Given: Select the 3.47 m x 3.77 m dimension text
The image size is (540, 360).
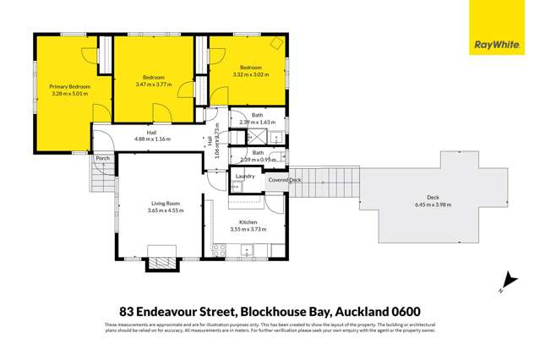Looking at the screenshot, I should point(153,85).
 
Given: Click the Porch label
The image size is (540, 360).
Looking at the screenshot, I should point(103,158).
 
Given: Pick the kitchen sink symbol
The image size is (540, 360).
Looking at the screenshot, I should point(247,250).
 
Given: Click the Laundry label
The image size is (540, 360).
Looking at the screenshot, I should point(246,176).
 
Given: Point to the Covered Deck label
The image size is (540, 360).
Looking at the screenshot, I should point(284,180).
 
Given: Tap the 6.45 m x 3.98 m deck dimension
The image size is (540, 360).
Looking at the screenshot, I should point(433,205).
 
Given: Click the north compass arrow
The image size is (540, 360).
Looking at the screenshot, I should point(507,281).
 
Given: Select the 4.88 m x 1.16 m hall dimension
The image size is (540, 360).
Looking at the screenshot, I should point(152,139).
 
